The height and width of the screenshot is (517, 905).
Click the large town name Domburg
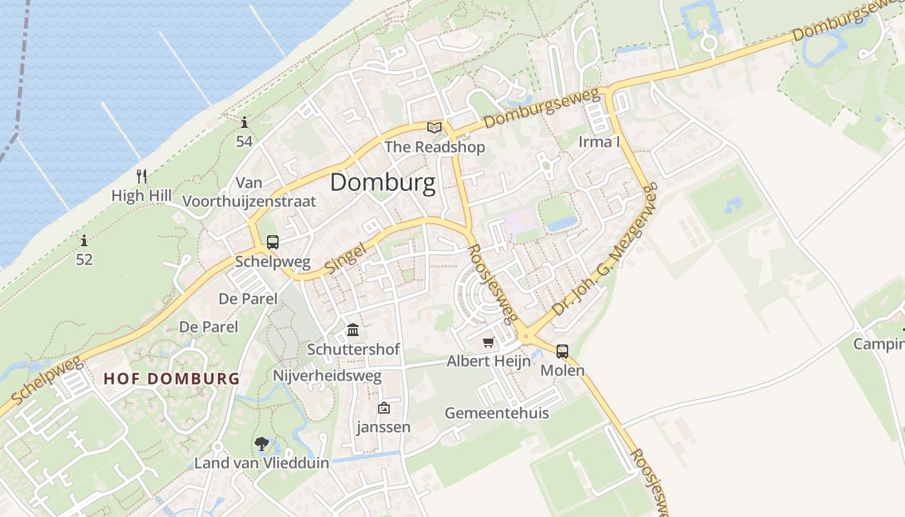(383, 183)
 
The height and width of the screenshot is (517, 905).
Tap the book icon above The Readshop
(434, 127)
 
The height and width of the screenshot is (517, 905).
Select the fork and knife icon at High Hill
(142, 176)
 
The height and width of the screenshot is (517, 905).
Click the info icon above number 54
(244, 121)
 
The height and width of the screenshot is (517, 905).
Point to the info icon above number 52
(84, 241)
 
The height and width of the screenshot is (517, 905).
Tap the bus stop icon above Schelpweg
(273, 242)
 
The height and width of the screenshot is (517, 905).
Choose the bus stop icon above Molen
(562, 352)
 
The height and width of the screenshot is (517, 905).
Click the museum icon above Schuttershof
(353, 330)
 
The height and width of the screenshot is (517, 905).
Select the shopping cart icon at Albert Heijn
(489, 342)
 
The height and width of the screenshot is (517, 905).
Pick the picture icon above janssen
(384, 408)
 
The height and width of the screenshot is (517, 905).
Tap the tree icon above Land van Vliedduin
(262, 444)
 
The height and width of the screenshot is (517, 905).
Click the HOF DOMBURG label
(171, 379)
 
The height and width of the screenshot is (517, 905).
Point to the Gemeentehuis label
(496, 413)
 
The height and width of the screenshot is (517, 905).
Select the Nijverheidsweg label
(327, 375)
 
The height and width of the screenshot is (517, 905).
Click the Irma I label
(599, 142)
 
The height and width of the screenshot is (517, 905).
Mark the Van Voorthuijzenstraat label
(249, 192)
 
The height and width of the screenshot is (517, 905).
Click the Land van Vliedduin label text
(262, 463)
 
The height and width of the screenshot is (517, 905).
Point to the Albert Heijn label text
(489, 361)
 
